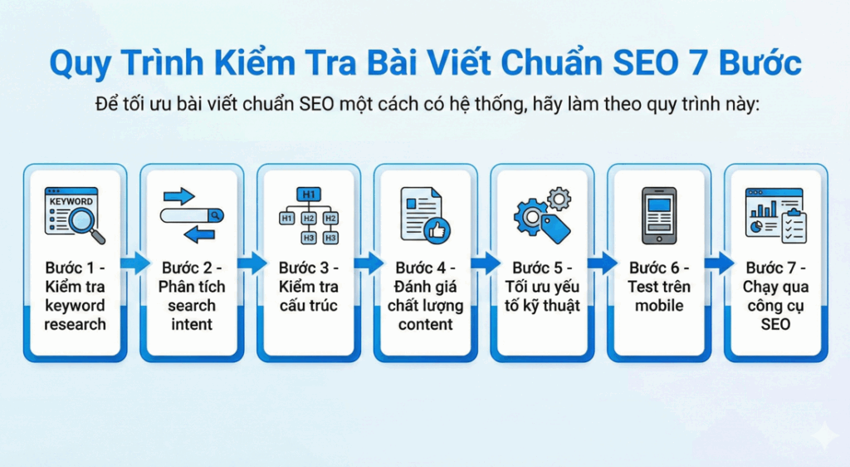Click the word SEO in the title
(643, 63)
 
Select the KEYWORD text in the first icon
(71, 202)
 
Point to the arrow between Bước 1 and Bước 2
(134, 264)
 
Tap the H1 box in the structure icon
(309, 194)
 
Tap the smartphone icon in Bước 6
(658, 215)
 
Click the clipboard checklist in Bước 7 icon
(794, 226)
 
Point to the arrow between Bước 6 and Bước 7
(718, 264)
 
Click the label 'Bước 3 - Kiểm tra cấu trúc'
(309, 287)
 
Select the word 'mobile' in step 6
(658, 306)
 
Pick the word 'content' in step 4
(425, 324)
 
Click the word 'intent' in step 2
(192, 324)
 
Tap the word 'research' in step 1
(76, 324)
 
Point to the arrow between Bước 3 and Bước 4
(368, 264)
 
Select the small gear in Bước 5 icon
(560, 198)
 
